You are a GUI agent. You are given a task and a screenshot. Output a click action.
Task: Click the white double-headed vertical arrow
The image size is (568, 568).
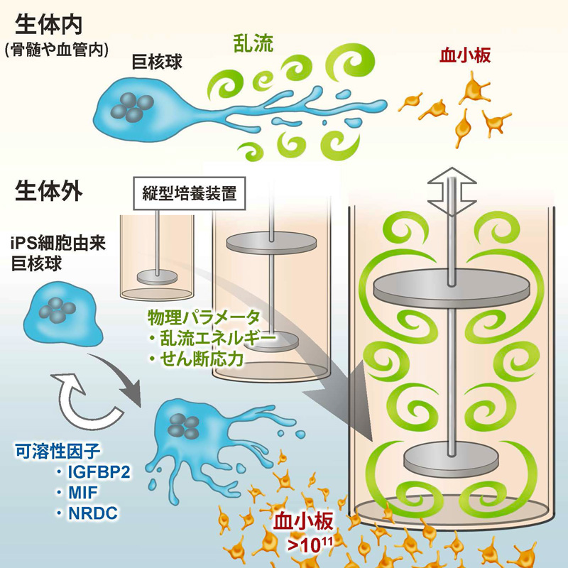pyautogui.click(x=452, y=190)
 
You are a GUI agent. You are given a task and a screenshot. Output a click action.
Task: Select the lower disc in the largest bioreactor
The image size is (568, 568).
pyautogui.click(x=452, y=459)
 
